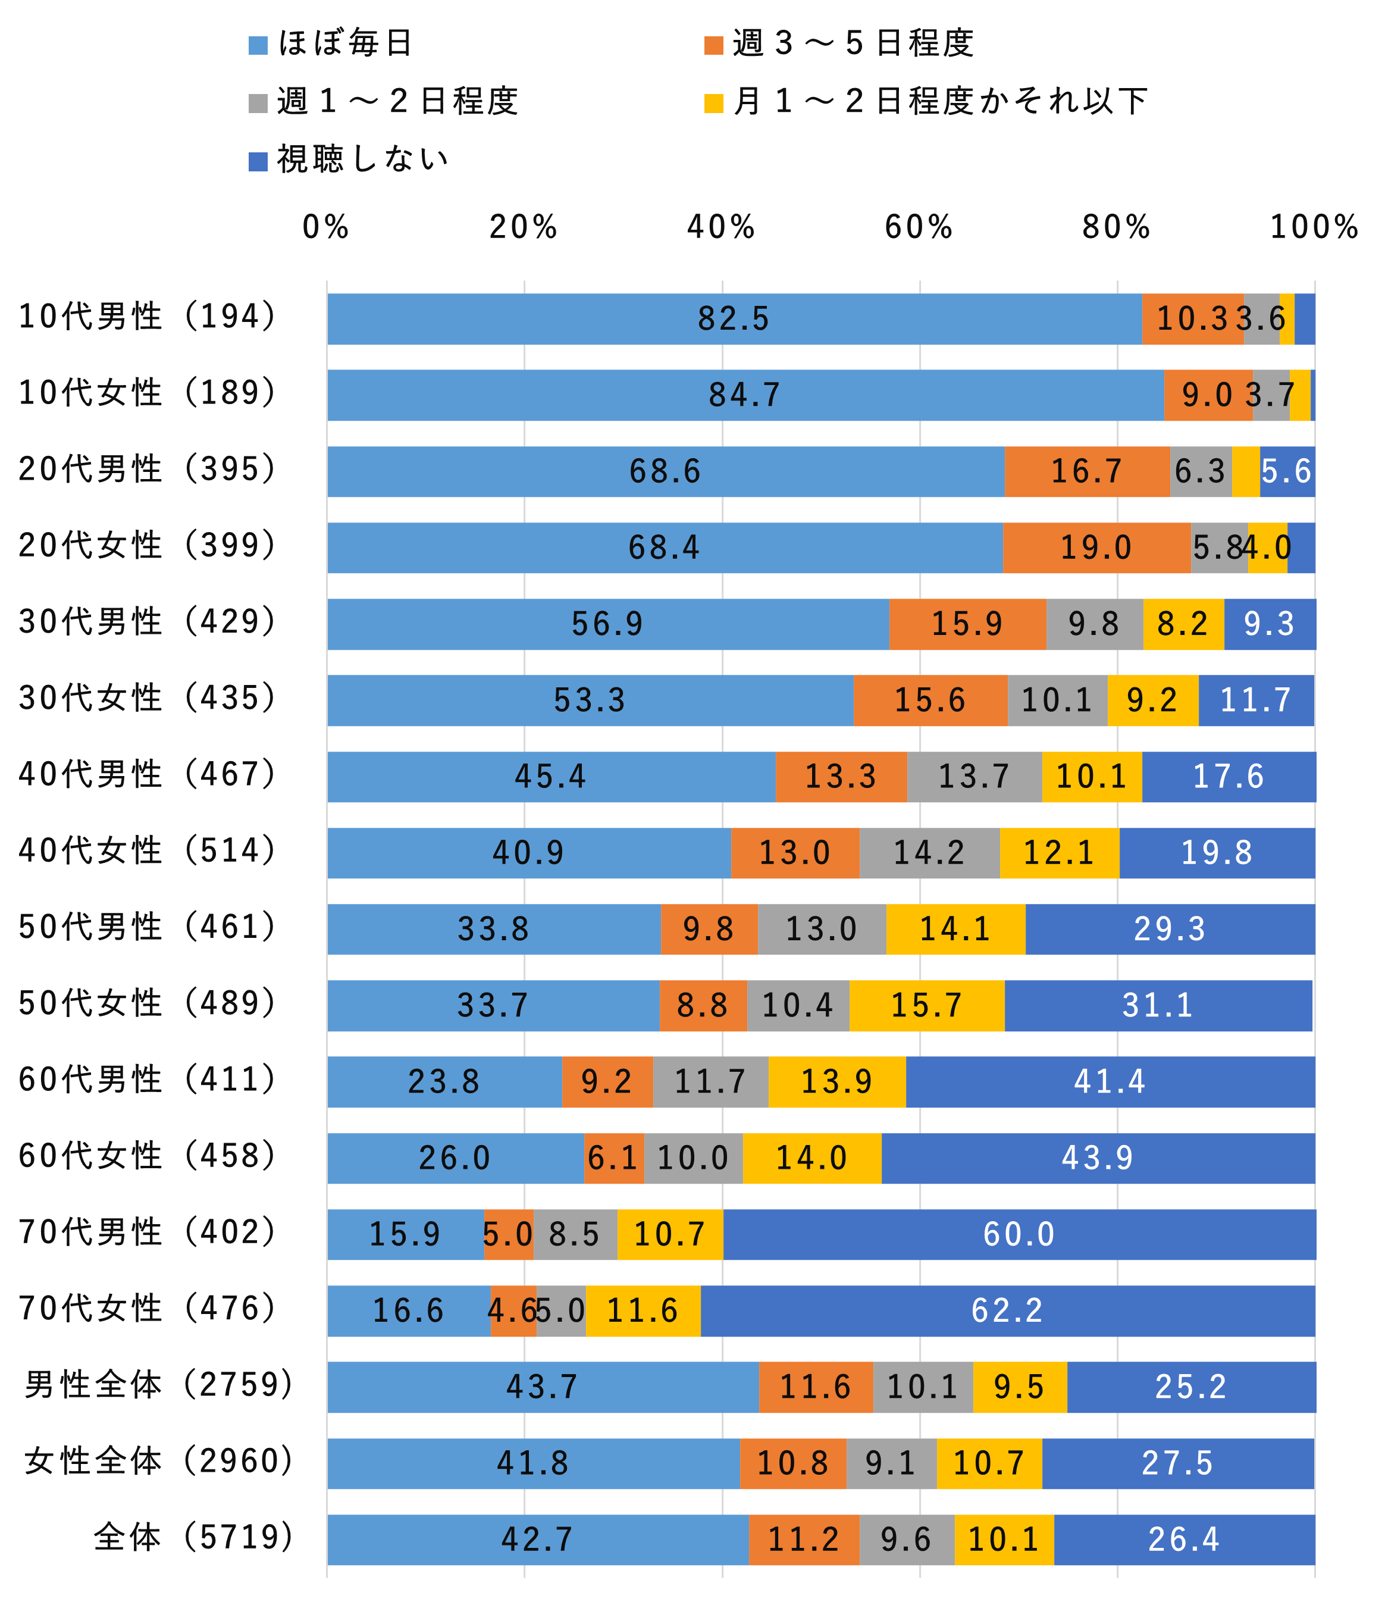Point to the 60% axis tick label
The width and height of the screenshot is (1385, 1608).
(x=919, y=227)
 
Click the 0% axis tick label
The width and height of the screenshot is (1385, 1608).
(x=326, y=227)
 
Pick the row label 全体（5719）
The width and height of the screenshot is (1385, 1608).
(x=193, y=1537)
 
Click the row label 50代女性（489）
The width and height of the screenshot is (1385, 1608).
(x=148, y=1003)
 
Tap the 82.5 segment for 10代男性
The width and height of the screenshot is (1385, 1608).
(x=733, y=319)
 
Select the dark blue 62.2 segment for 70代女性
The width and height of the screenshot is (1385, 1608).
(x=1007, y=1311)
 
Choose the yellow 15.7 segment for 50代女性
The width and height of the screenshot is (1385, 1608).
(x=926, y=1006)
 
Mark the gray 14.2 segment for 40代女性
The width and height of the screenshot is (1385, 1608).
(x=929, y=853)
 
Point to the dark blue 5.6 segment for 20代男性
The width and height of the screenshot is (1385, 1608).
(x=1286, y=472)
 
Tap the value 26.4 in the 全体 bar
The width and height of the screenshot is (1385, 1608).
(x=1184, y=1540)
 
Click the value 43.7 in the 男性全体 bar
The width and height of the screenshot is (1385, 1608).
(x=543, y=1387)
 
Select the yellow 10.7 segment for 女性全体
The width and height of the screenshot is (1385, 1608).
(x=989, y=1463)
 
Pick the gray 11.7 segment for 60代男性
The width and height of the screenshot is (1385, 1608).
(x=710, y=1082)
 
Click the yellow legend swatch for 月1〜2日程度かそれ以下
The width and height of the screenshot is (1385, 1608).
(x=713, y=103)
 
